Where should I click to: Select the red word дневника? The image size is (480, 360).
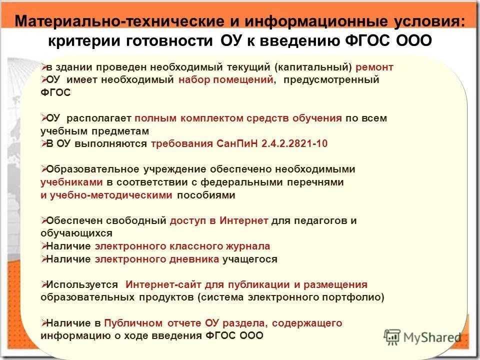193,259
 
